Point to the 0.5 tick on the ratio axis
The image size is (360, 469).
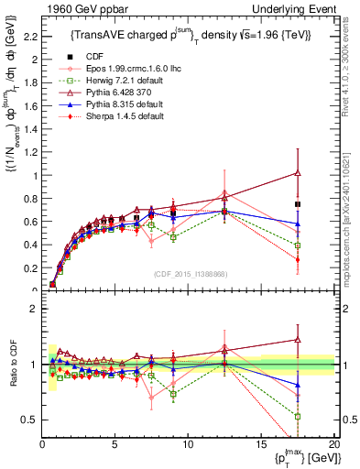(30, 420)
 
